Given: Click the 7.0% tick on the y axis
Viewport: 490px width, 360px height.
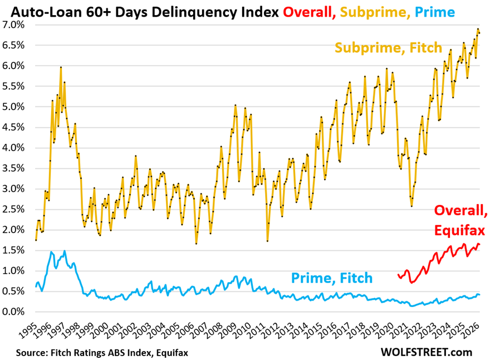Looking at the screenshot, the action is [x=13, y=25].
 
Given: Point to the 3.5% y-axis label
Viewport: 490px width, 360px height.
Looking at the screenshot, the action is [x=13, y=168].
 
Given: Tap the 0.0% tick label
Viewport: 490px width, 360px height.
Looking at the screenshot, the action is [x=13, y=312].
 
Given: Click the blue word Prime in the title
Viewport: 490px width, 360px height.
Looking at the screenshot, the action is [x=435, y=12].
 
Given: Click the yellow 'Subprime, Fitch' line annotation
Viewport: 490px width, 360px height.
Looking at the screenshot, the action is [x=389, y=48].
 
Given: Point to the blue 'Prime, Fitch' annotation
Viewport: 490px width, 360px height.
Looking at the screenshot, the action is [x=332, y=278].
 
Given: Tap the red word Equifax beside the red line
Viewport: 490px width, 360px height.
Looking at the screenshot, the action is [x=459, y=231].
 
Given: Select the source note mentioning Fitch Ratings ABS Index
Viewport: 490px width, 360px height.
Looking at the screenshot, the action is [x=102, y=353].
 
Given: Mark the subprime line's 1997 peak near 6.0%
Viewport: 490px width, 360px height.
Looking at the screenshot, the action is [x=61, y=67].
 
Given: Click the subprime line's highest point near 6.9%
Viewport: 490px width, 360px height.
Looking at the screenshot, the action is [x=478, y=29].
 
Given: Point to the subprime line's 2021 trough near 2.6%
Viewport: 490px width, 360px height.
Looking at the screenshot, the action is [x=411, y=206].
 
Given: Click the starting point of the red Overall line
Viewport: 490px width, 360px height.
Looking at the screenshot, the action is [x=398, y=275].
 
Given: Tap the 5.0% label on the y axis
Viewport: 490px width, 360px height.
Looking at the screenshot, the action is [x=13, y=106].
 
